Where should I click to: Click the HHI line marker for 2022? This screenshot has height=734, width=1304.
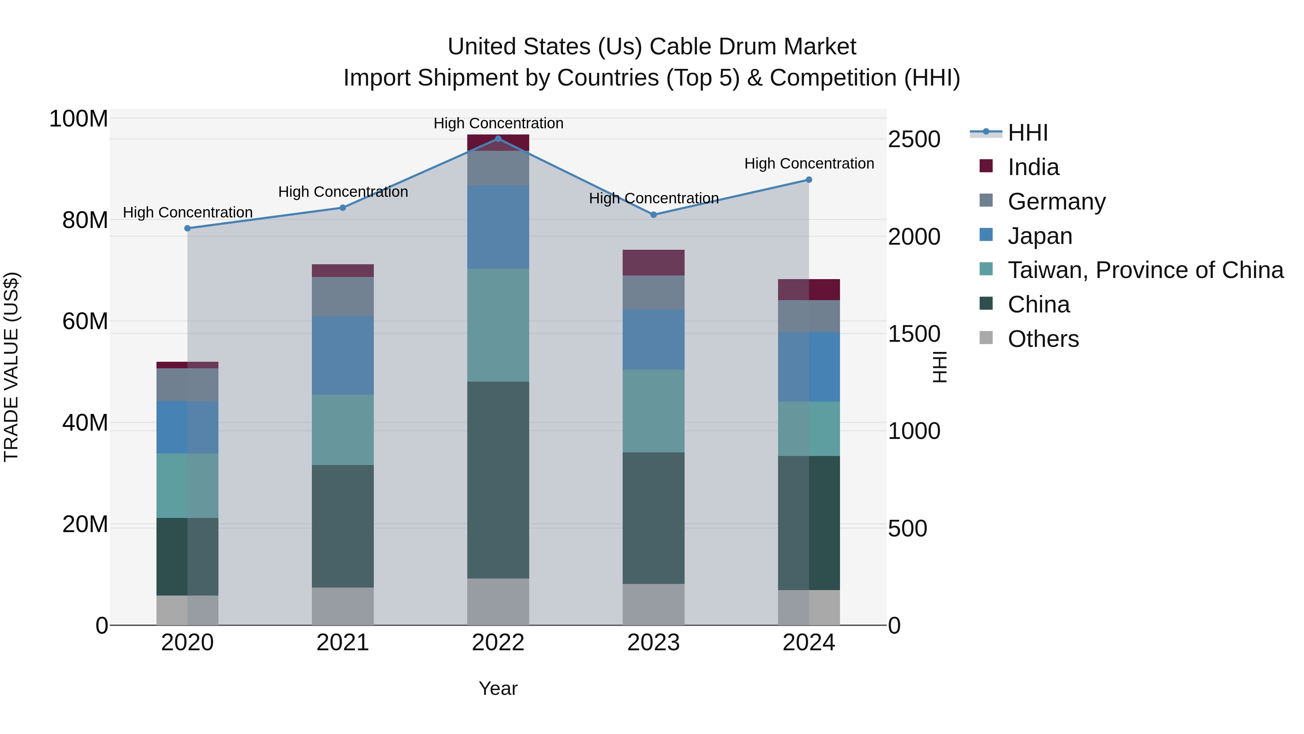[x=498, y=139]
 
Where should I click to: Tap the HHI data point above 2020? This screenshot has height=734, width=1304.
[x=187, y=228]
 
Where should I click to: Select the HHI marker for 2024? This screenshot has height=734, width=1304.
[x=808, y=180]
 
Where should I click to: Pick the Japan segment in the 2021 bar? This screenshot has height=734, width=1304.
[x=342, y=356]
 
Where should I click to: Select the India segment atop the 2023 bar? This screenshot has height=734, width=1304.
[x=653, y=262]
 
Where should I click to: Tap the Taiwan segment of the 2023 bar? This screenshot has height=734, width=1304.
[x=653, y=411]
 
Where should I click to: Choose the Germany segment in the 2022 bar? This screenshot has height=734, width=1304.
[x=498, y=168]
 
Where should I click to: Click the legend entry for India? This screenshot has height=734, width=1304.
[x=1033, y=167]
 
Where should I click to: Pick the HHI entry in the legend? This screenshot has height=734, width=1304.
[x=1027, y=133]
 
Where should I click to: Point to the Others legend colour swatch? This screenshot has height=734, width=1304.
[x=986, y=337]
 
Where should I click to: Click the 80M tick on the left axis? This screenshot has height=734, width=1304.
[x=85, y=220]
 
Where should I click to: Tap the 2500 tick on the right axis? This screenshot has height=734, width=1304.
[x=914, y=139]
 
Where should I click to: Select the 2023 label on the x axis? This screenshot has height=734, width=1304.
[x=653, y=643]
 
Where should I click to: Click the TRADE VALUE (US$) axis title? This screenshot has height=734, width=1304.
[x=11, y=367]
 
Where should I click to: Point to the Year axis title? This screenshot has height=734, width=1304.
[x=498, y=688]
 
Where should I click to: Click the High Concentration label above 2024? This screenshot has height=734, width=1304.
[x=808, y=163]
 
